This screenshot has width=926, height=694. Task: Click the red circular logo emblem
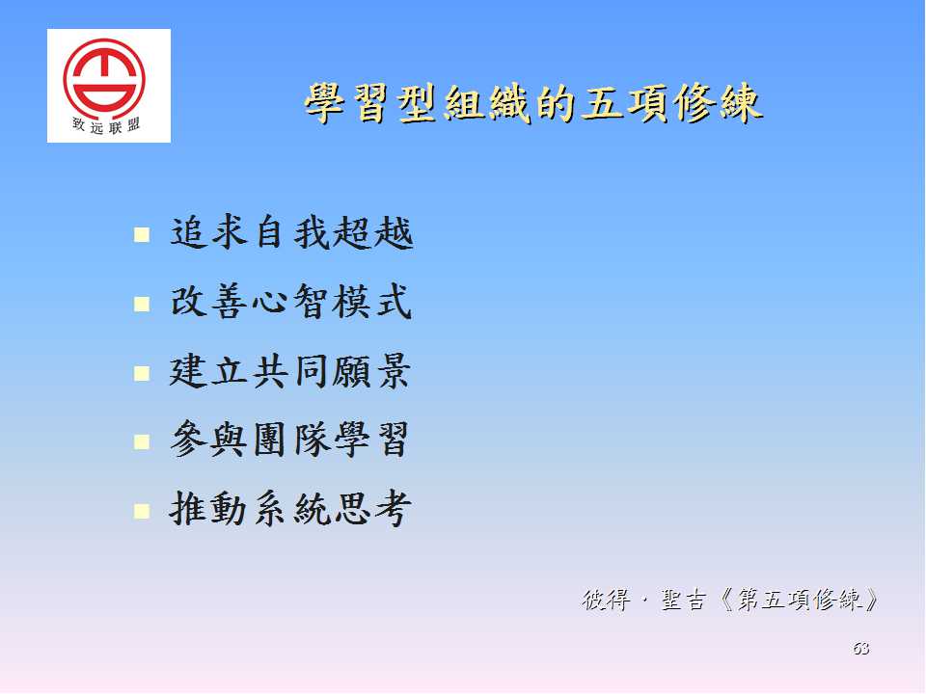tap(104, 76)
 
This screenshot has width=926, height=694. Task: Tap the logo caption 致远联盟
tap(106, 125)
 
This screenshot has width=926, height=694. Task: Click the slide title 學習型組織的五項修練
tap(533, 103)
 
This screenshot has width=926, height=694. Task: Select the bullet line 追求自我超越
tap(291, 232)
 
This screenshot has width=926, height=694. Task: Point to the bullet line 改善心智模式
tap(290, 302)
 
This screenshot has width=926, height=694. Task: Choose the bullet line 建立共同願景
tap(290, 371)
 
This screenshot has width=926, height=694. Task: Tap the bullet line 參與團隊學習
tap(289, 440)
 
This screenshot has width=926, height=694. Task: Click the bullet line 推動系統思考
tap(290, 509)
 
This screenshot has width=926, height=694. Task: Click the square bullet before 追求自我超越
tap(142, 235)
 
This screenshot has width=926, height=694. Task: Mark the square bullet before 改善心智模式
tap(142, 304)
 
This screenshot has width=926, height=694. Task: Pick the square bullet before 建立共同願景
tap(142, 373)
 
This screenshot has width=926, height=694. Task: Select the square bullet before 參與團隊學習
tap(142, 442)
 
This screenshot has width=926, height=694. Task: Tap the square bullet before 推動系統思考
tap(142, 511)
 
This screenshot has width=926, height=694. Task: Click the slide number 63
tap(861, 649)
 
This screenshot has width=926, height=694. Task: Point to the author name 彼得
tap(606, 601)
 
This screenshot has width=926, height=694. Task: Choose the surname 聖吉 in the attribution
tap(683, 601)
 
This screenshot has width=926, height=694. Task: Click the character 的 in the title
tap(556, 104)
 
